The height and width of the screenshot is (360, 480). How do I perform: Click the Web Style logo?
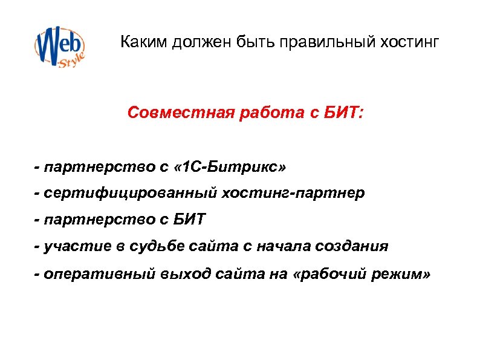click(59, 45)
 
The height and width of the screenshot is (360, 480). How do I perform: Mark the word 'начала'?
click(293, 246)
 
